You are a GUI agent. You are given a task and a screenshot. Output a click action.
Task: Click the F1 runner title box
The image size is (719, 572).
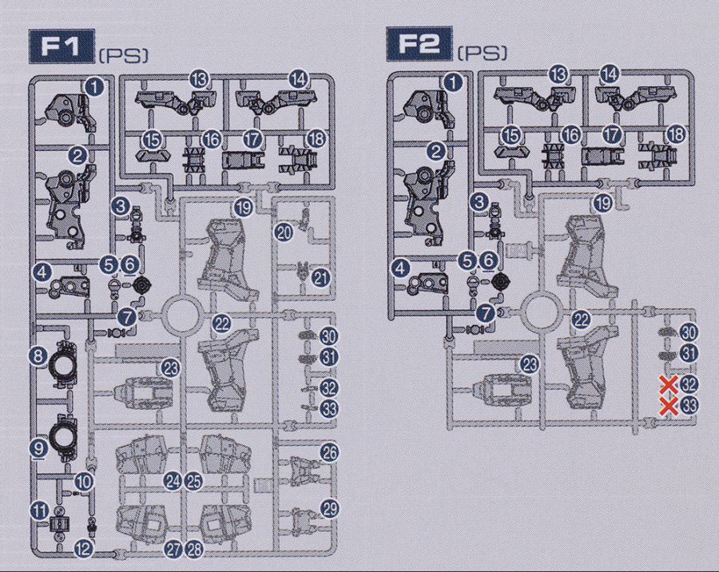[62, 46]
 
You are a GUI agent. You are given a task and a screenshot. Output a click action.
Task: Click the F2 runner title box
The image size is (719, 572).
[419, 44]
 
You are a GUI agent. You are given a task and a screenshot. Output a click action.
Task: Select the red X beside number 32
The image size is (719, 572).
[669, 384]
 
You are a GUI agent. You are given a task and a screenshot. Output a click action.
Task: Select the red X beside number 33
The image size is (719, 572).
[669, 406]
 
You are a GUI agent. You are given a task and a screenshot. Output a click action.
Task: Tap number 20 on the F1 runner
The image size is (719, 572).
[284, 233]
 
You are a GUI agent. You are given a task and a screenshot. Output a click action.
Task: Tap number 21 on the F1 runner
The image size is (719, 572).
[321, 278]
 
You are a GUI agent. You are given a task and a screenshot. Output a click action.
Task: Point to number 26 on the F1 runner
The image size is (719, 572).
[329, 453]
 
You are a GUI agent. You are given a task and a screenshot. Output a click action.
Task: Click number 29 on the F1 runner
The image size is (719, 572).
[329, 509]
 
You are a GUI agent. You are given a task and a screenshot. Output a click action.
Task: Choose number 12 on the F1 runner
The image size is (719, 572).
[83, 549]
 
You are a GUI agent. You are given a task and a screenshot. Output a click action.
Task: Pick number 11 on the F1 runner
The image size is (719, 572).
[41, 510]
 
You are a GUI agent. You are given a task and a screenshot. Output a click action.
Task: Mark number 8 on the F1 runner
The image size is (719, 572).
[38, 356]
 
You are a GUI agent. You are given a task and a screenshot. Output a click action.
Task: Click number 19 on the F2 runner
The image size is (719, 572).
[603, 202]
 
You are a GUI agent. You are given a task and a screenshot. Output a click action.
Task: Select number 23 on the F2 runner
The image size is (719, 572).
[530, 364]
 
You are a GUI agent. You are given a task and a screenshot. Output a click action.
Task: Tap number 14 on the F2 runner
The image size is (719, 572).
[610, 73]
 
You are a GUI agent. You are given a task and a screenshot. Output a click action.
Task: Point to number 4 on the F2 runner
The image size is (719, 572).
[401, 268]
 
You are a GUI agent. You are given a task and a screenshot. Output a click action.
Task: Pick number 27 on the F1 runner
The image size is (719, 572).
[173, 550]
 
